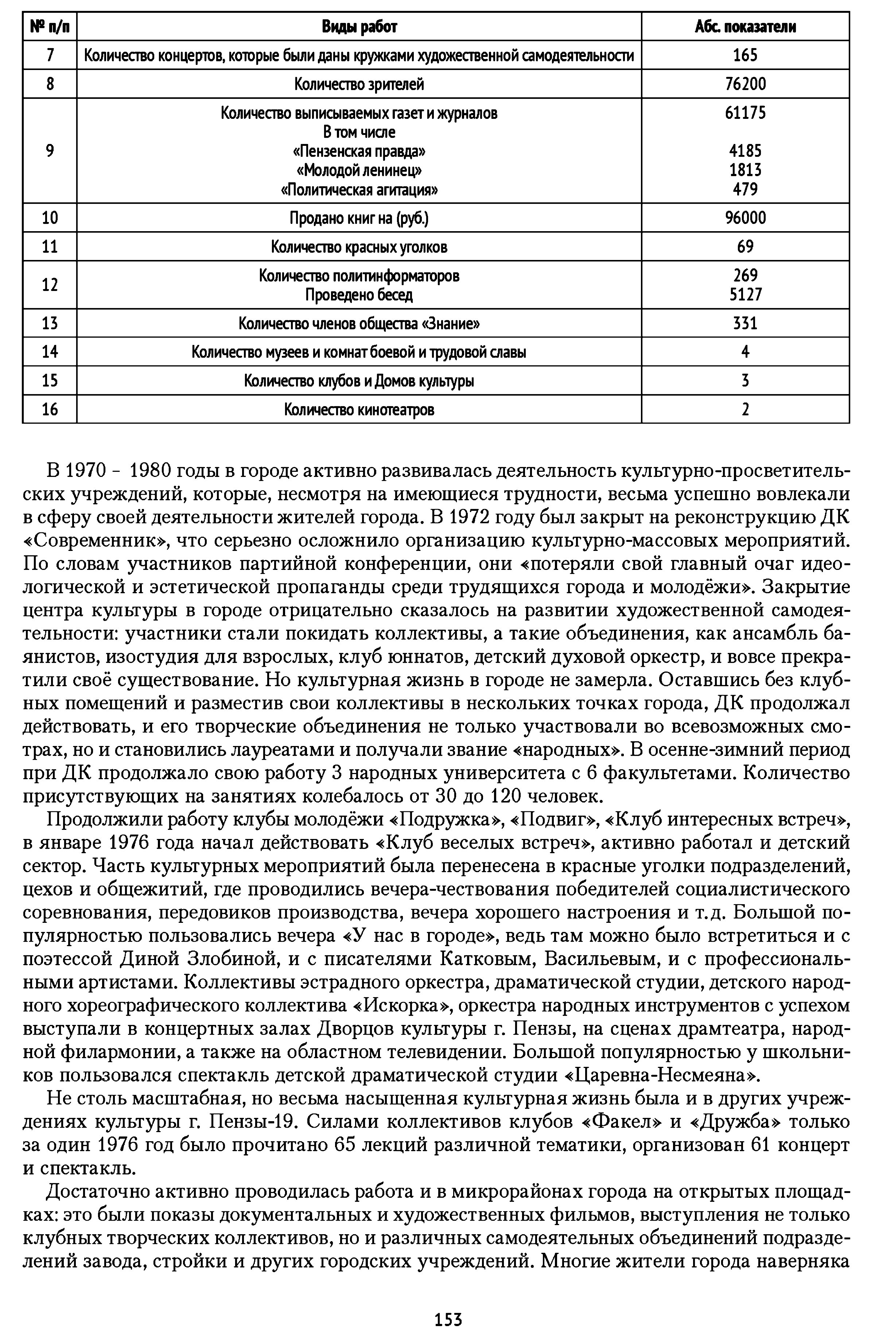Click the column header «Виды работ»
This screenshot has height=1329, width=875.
pos(359,26)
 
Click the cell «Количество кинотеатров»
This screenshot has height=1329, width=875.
pos(359,410)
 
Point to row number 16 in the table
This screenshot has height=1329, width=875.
pos(50,410)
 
